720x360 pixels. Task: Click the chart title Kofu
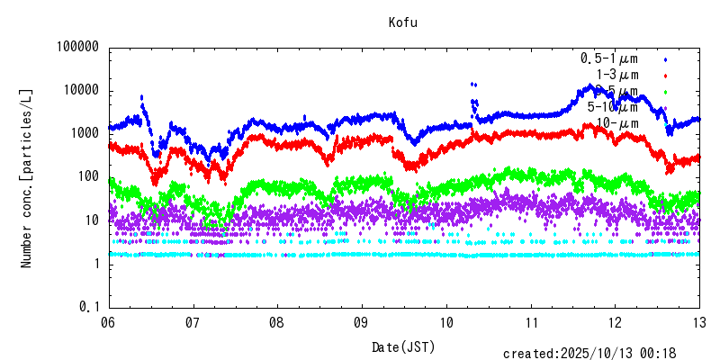coord(403,22)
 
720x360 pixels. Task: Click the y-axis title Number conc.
coord(27,176)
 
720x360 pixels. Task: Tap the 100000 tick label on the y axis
coord(75,48)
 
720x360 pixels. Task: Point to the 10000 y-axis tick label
coord(78,91)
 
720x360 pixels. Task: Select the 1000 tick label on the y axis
coord(82,133)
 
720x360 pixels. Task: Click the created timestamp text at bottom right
coord(589,354)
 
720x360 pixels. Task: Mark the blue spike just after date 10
coord(473,85)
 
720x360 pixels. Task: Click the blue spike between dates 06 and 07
coord(141,97)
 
